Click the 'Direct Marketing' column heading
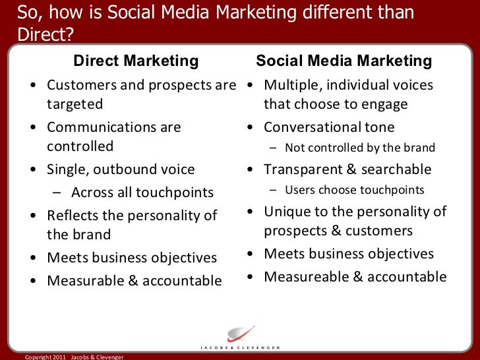pos(136,61)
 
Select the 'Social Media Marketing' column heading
pos(344,61)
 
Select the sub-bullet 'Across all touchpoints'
pos(142,193)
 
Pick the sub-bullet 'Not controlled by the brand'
pos(360,148)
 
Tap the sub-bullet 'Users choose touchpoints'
pos(355,190)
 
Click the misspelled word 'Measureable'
pos(307,277)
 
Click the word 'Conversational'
pos(313,127)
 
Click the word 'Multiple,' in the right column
pos(293,85)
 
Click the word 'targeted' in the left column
pos(75,104)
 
